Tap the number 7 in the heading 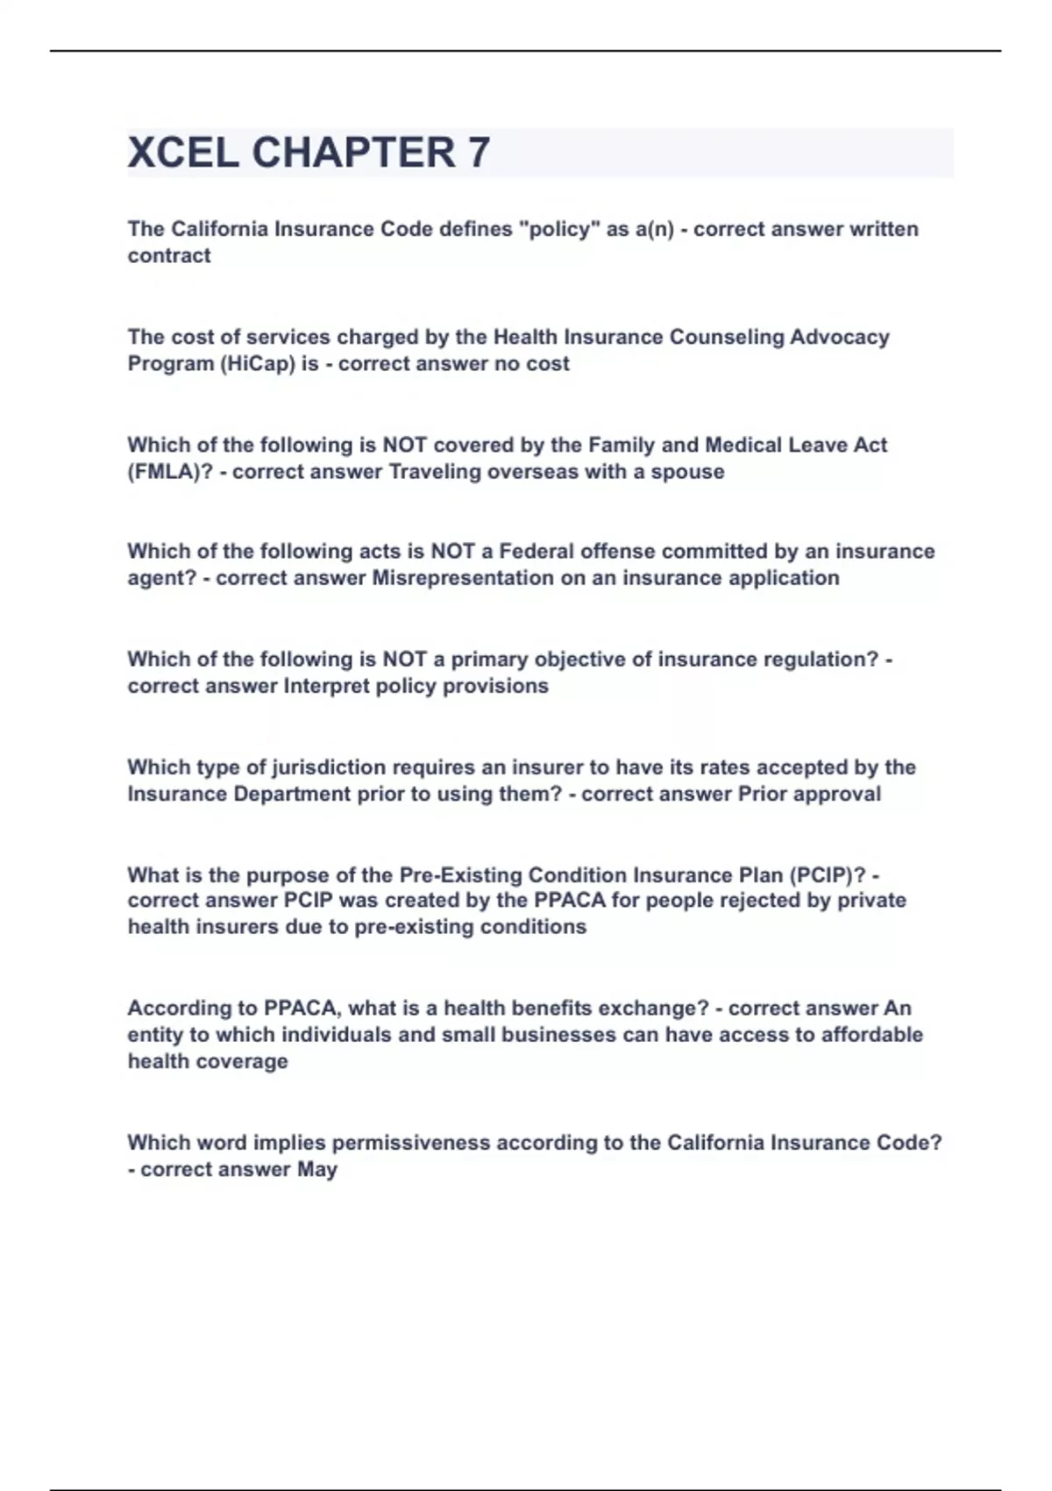point(479,153)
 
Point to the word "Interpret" point(325,686)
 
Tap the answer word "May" point(316,1169)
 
